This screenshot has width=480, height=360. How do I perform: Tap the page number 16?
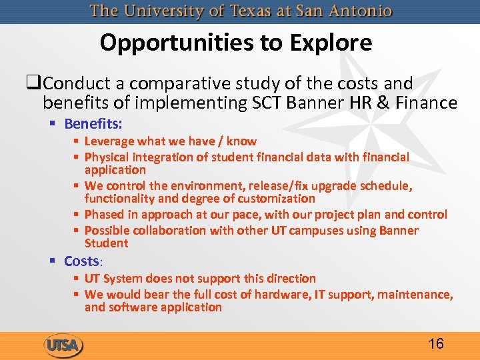[436, 344]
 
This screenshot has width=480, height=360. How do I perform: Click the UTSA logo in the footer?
[64, 345]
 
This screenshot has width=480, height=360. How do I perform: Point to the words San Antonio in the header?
[347, 11]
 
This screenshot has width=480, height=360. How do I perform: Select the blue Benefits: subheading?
[93, 123]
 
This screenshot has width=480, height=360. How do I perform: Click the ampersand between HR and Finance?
[385, 103]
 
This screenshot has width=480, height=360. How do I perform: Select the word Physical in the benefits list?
[106, 157]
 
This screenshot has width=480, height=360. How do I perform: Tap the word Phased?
[104, 215]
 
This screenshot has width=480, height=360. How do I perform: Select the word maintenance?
[417, 295]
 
